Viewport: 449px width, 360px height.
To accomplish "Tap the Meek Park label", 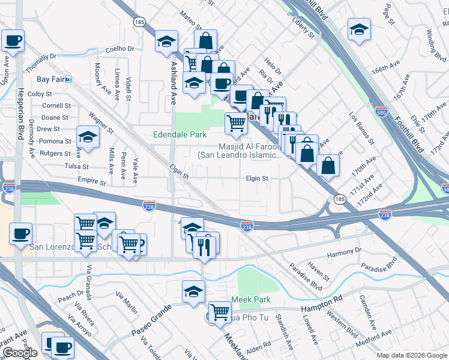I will pyautogui.click(x=250, y=299).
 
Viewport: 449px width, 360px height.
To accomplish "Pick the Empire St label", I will pyautogui.click(x=91, y=179).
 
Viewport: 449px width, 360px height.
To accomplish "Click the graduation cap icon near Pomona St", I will pyautogui.click(x=88, y=137).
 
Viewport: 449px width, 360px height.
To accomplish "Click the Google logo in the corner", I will pyautogui.click(x=20, y=353).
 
